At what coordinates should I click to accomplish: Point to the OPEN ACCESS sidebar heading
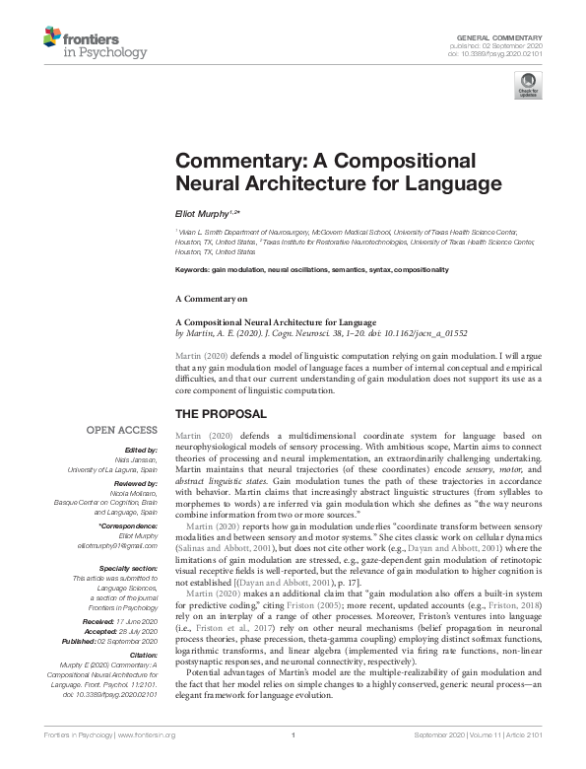121,430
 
